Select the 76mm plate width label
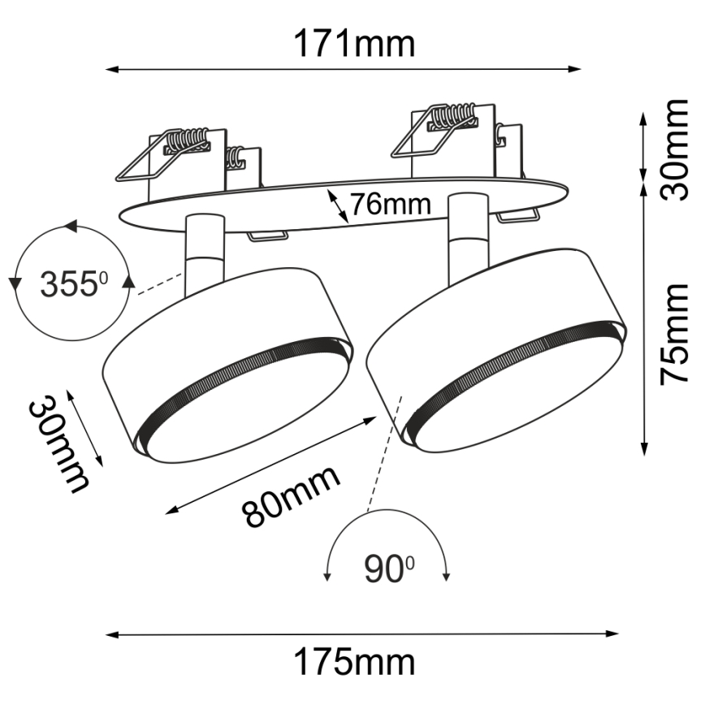(390, 203)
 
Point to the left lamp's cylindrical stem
(202, 253)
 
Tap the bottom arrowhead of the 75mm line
(644, 449)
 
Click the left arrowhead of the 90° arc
(327, 576)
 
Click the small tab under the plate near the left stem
(267, 236)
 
